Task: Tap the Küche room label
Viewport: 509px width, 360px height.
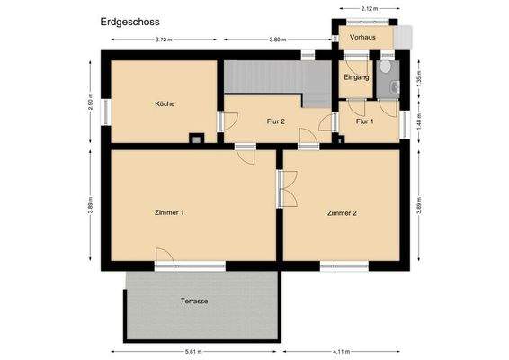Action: pos(164,103)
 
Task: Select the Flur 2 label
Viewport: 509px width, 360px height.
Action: pos(275,121)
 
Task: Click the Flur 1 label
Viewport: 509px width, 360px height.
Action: pos(364,121)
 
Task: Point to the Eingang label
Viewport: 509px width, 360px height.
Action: pos(357,77)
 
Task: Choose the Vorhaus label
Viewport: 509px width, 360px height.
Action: pos(363,38)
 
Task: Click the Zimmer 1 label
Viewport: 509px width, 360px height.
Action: pos(169,213)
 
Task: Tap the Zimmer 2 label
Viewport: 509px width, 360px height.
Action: pos(342,213)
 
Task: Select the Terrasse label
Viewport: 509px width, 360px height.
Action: pos(194,301)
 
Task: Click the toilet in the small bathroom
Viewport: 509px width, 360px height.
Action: pos(386,67)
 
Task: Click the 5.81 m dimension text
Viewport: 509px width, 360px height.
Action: pos(194,351)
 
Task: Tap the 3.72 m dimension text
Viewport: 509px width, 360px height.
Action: pos(164,40)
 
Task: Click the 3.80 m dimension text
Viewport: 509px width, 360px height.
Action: pos(277,40)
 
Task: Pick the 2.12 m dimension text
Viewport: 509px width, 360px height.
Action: pos(369,8)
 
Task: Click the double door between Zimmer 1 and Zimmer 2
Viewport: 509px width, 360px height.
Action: pos(281,190)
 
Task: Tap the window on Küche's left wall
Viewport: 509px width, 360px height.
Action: pos(105,112)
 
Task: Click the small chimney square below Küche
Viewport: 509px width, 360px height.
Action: pos(195,138)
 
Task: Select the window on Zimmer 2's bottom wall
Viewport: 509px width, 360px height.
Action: pos(344,265)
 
